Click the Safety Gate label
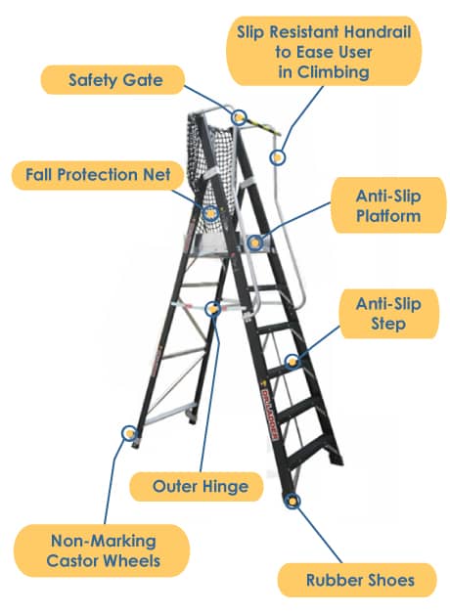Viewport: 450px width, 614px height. pyautogui.click(x=112, y=80)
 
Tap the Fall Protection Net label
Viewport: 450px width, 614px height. pyautogui.click(x=98, y=175)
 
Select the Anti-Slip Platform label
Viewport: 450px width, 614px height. pyautogui.click(x=388, y=205)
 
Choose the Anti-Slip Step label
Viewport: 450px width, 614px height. pyautogui.click(x=388, y=314)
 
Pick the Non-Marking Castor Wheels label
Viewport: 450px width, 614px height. pyautogui.click(x=102, y=550)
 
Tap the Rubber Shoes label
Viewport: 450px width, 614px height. pyautogui.click(x=357, y=580)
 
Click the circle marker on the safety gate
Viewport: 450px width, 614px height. pyautogui.click(x=239, y=116)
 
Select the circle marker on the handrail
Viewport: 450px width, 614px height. pyautogui.click(x=277, y=157)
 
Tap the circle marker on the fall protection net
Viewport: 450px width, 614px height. pyautogui.click(x=210, y=213)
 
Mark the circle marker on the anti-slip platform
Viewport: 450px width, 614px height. pyautogui.click(x=255, y=243)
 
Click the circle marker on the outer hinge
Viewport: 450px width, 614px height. pyautogui.click(x=213, y=309)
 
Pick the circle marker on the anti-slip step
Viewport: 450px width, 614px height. pyautogui.click(x=292, y=361)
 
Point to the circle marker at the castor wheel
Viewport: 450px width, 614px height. pyautogui.click(x=128, y=433)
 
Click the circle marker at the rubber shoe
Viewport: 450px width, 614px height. pyautogui.click(x=292, y=501)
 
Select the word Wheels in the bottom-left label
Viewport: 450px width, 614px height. pyautogui.click(x=133, y=561)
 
